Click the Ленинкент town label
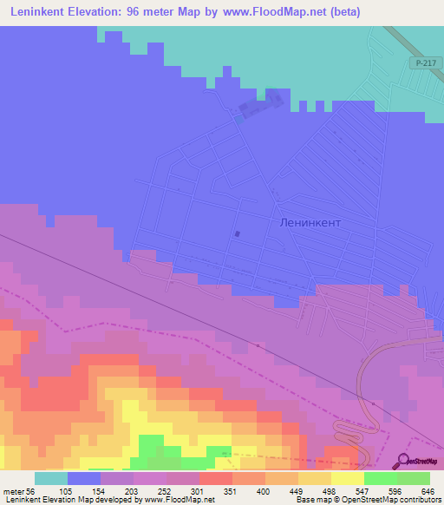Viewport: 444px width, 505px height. click(x=310, y=222)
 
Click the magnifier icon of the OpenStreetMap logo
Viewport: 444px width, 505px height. click(x=404, y=461)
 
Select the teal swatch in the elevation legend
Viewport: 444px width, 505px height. click(x=51, y=478)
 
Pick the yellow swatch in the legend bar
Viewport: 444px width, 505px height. click(x=347, y=478)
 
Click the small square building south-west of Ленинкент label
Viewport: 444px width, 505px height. click(x=237, y=233)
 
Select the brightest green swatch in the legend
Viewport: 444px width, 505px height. click(x=380, y=478)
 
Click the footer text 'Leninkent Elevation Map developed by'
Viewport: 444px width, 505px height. click(x=73, y=500)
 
